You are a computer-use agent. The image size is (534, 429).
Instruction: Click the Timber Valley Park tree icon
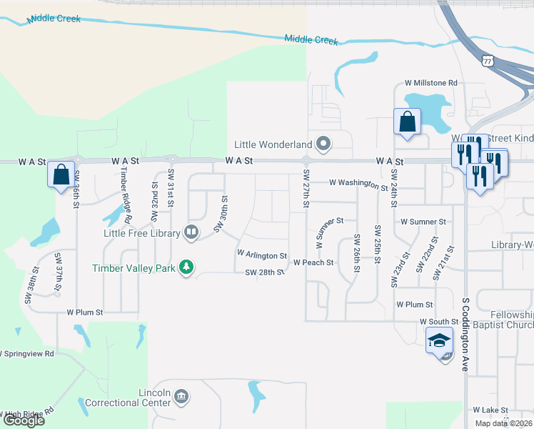pos(187,267)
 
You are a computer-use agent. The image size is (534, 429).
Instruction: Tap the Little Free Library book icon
pos(191,231)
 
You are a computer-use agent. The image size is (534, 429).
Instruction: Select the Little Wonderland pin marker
pos(324,145)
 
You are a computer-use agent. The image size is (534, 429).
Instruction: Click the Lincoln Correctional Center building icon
pos(181,397)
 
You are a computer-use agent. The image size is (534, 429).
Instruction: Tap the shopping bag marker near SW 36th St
pos(62,174)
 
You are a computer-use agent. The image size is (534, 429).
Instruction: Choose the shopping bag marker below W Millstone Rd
pos(407,122)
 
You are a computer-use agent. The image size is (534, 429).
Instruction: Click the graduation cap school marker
pos(440,340)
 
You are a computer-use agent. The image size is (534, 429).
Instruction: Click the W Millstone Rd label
pos(430,83)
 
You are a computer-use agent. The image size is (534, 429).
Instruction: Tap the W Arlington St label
pos(261,255)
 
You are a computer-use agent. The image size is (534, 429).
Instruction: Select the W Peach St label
pos(313,262)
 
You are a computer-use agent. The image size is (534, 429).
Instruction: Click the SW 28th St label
pos(265,272)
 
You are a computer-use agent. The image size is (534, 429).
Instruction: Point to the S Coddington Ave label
pos(465,335)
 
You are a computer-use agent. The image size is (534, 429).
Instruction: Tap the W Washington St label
pos(358,184)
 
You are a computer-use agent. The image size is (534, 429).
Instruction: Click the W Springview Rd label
pos(27,353)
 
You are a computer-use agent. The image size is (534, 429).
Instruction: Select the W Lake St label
pos(490,410)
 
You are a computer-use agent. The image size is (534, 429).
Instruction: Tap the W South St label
pos(438,322)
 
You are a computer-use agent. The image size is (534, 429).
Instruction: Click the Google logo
pos(24,420)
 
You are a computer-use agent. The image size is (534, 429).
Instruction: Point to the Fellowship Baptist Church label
pos(513,320)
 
